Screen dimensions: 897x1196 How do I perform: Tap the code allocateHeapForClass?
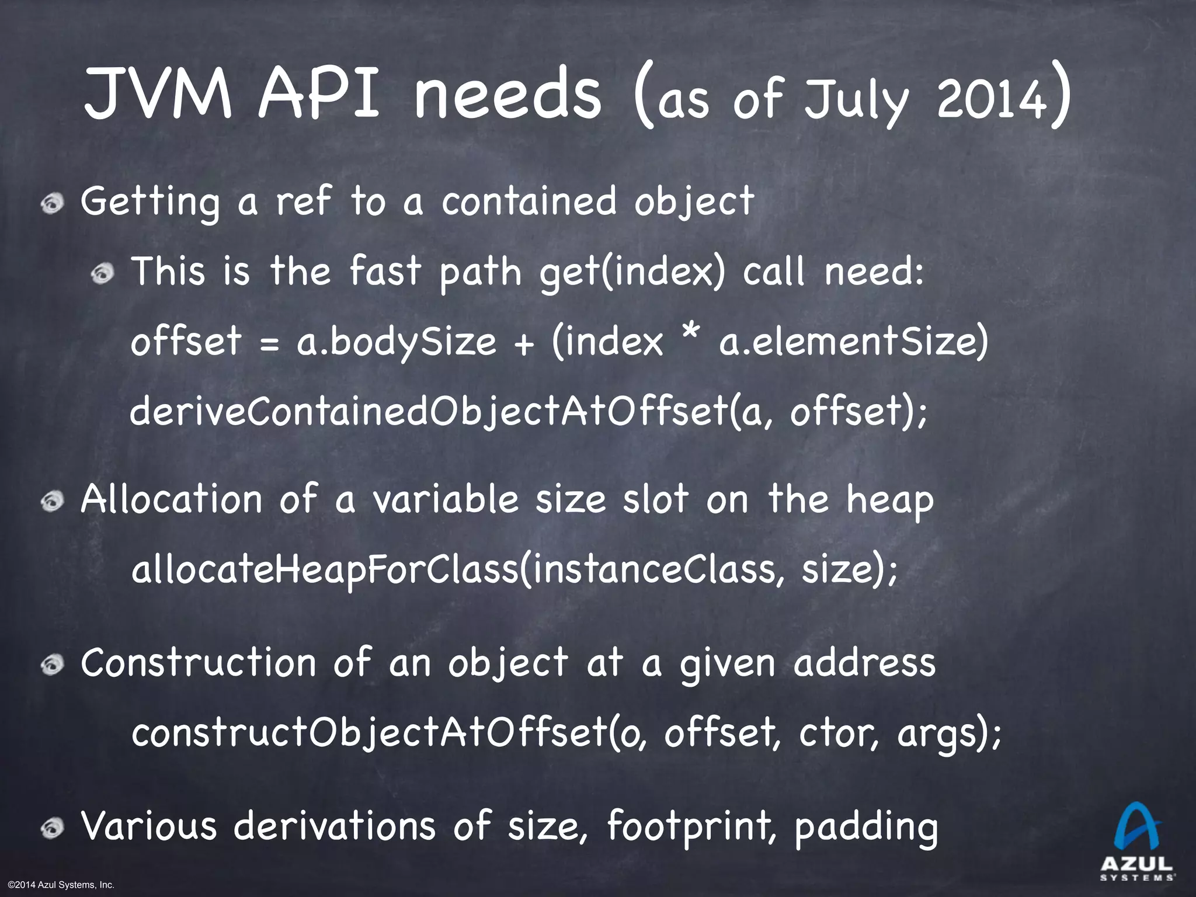click(324, 571)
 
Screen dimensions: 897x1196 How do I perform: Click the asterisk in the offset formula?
click(691, 336)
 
